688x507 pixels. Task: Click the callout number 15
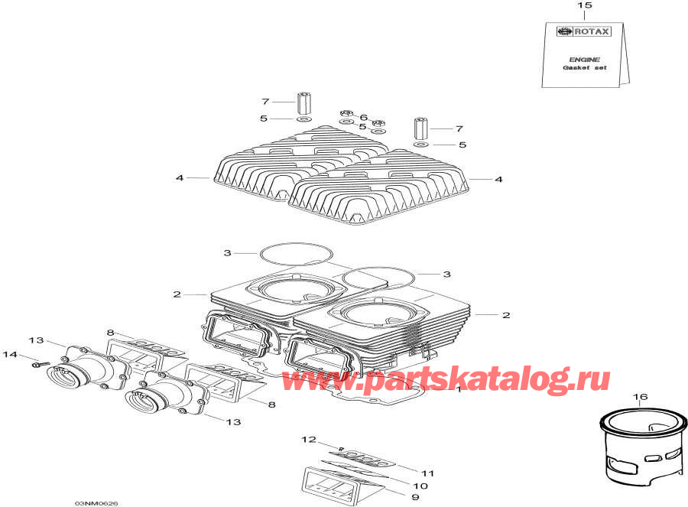pos(584,6)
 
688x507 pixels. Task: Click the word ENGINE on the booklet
pos(585,59)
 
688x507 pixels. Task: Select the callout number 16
pos(641,397)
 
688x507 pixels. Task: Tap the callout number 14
pos(9,354)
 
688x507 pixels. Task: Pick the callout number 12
pos(307,439)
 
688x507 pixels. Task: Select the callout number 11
pos(427,474)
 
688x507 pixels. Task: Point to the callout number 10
pos(421,486)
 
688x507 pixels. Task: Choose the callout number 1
pos(458,388)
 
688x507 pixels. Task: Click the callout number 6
pos(363,117)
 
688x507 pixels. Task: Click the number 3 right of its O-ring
pos(447,274)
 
